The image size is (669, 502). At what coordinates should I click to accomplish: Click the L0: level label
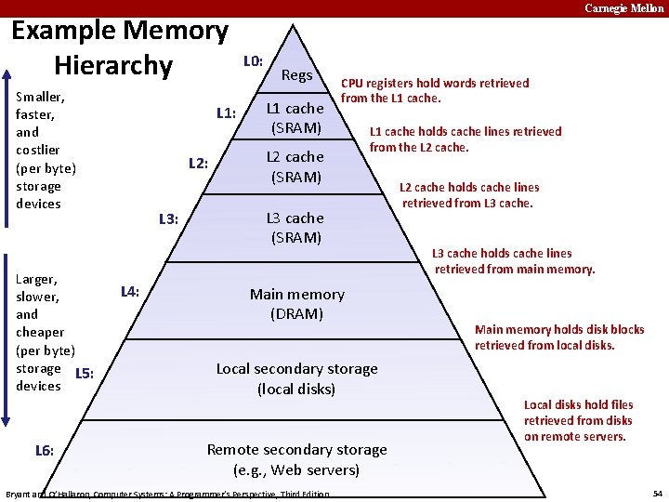253,61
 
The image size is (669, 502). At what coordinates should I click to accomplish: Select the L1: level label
226,113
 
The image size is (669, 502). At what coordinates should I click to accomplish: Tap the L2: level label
198,164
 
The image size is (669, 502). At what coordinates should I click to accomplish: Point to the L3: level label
168,219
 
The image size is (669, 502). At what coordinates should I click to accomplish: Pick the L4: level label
130,292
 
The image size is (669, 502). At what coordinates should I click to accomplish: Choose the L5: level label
84,374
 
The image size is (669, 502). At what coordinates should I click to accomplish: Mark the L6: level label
44,451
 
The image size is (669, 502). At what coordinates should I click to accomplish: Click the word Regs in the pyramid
296,74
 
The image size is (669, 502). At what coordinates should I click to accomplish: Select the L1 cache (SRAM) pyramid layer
296,118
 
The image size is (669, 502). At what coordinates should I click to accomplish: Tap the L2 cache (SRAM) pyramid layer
295,166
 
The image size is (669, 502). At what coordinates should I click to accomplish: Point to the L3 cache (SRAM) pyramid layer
295,227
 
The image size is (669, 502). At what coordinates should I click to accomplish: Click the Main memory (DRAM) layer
296,304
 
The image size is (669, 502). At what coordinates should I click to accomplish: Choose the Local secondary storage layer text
296,378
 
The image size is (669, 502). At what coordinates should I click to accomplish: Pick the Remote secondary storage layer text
296,459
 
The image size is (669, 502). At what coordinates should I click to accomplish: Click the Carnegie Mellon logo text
623,8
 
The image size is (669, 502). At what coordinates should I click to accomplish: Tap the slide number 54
657,492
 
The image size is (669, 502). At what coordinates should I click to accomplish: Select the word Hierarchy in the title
113,66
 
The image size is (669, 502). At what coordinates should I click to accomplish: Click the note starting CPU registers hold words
435,90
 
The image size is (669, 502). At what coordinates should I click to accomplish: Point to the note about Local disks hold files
578,420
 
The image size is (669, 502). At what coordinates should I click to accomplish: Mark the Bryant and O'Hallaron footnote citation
167,495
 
